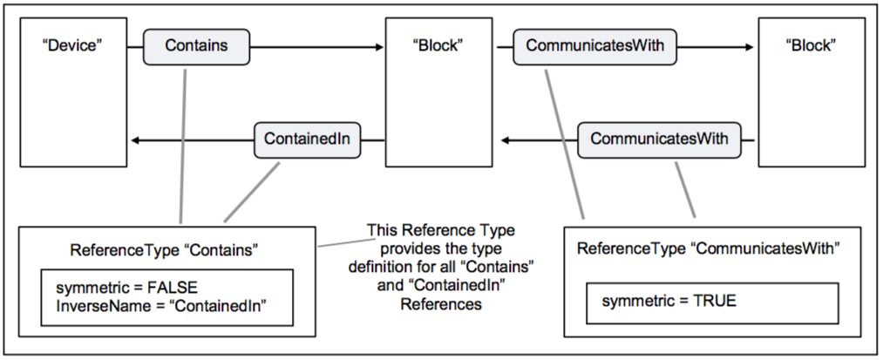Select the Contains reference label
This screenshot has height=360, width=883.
click(x=196, y=46)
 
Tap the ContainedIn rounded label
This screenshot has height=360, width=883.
click(x=308, y=139)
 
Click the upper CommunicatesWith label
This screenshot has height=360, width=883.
click(x=594, y=46)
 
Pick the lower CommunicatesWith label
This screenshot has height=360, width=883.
click(x=659, y=139)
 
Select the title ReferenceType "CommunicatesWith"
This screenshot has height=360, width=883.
click(x=708, y=249)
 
